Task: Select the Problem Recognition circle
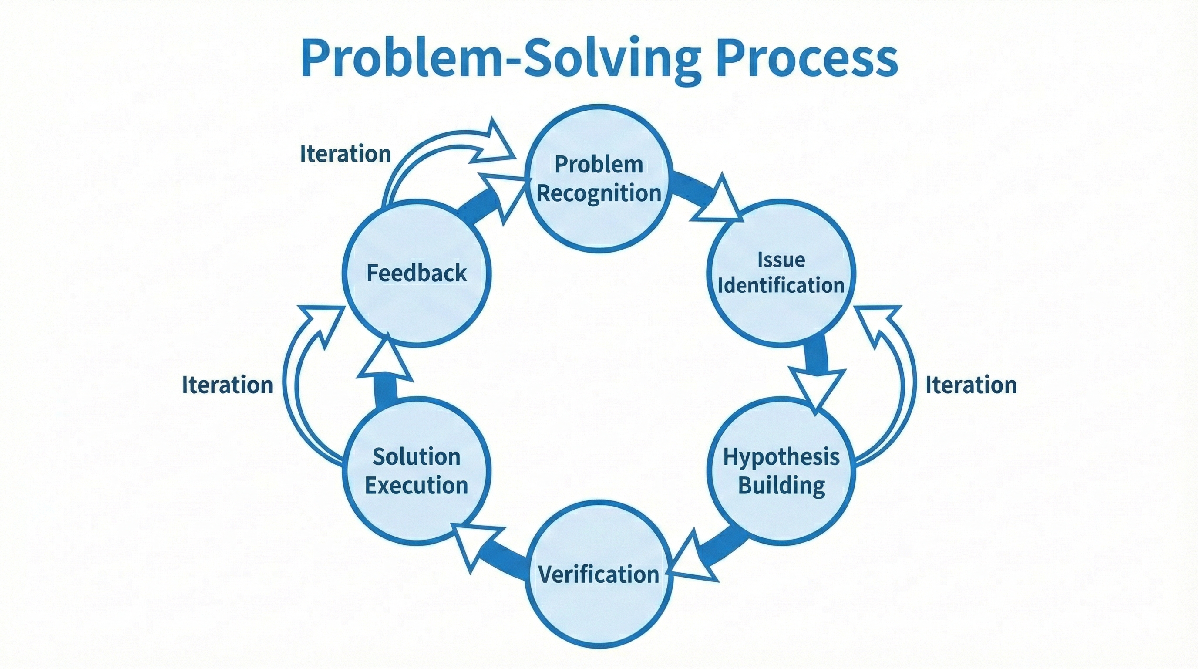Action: pos(599,179)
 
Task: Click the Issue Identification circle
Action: pos(781,274)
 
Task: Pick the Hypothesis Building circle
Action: pos(781,471)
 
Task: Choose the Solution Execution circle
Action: pos(416,471)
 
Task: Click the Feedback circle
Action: pos(416,273)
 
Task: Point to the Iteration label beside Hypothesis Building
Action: pos(971,385)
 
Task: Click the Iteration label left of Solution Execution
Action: pos(227,385)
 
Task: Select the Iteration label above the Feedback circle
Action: pos(345,154)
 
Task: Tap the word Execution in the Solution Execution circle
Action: pos(416,486)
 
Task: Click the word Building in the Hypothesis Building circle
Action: pos(781,486)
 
